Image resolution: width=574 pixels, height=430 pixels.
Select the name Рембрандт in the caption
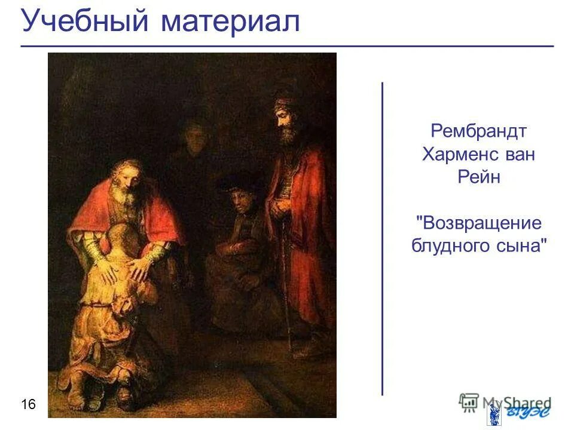click(478, 131)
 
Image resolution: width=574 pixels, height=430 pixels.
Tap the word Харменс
click(460, 155)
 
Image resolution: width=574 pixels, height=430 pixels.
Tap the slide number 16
click(28, 406)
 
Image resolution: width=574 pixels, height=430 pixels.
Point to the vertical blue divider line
click(382, 239)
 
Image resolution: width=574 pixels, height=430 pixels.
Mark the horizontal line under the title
click(287, 46)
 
